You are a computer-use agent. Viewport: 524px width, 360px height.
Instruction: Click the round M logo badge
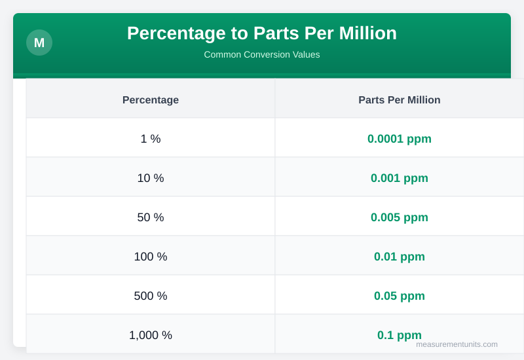39,43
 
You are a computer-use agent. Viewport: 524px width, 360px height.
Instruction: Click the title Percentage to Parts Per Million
262,33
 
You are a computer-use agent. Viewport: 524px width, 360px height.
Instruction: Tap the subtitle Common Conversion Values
262,54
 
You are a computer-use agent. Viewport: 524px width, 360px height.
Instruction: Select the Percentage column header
151,99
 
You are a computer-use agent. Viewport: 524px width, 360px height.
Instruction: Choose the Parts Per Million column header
400,99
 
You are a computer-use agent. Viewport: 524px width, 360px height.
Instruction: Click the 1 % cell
151,139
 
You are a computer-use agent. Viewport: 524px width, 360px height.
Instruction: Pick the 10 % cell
151,178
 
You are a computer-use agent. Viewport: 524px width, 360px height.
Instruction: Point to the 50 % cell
151,217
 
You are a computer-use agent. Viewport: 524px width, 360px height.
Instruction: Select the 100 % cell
151,257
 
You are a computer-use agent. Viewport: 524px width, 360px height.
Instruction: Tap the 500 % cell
151,296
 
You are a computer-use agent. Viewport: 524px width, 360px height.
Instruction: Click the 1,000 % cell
151,335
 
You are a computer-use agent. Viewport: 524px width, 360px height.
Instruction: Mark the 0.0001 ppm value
400,139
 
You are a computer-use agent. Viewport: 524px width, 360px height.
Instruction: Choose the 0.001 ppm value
400,178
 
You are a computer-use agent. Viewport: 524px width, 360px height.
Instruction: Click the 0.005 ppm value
400,217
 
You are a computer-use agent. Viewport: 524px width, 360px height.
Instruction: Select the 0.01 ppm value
400,257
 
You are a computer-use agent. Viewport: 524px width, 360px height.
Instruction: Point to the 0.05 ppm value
400,296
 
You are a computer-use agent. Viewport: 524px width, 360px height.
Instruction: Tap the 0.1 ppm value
400,334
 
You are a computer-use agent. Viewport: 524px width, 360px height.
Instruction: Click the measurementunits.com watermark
457,344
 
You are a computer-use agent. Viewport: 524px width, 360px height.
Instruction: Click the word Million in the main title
367,33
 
